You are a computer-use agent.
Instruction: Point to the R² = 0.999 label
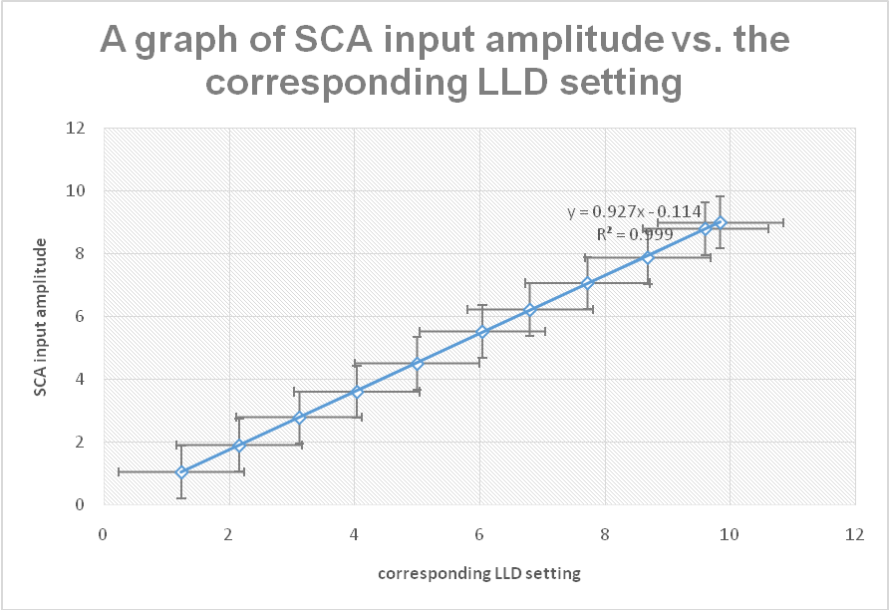click(635, 233)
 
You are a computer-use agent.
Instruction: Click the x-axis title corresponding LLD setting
click(478, 573)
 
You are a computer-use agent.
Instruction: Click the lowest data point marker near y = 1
click(181, 472)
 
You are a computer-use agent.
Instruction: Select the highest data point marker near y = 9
click(720, 222)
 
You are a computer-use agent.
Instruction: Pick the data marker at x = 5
click(417, 364)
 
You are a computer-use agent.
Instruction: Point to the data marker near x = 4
click(357, 392)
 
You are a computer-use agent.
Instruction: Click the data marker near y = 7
click(587, 283)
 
